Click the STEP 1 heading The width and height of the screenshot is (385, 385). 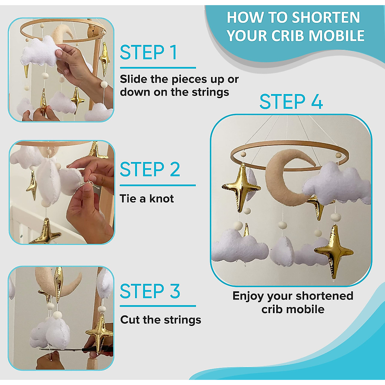click(149, 53)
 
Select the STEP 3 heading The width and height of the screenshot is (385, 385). click(150, 291)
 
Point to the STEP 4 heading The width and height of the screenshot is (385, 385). click(291, 102)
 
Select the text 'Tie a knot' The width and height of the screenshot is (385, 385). click(147, 199)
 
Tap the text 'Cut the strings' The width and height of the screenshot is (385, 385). click(161, 320)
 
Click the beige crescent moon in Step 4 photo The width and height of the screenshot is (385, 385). click(282, 180)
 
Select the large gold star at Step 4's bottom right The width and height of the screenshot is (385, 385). click(334, 252)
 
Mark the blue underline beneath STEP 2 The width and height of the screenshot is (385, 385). click(158, 185)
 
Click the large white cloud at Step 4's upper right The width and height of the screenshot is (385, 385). click(337, 184)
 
